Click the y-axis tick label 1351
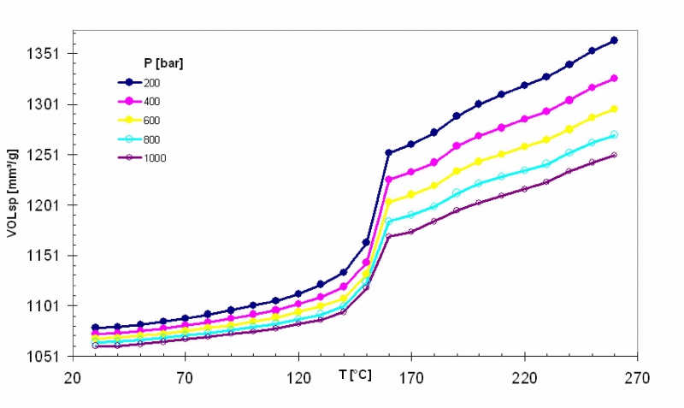[x=42, y=54]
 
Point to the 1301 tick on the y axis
[x=42, y=104]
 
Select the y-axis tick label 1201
[x=42, y=205]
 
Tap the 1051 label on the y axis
[x=42, y=357]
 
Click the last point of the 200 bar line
[x=614, y=40]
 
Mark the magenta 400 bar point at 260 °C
[x=614, y=79]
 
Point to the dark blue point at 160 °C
[x=388, y=153]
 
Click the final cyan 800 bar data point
[x=614, y=134]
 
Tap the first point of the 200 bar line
[x=95, y=328]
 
